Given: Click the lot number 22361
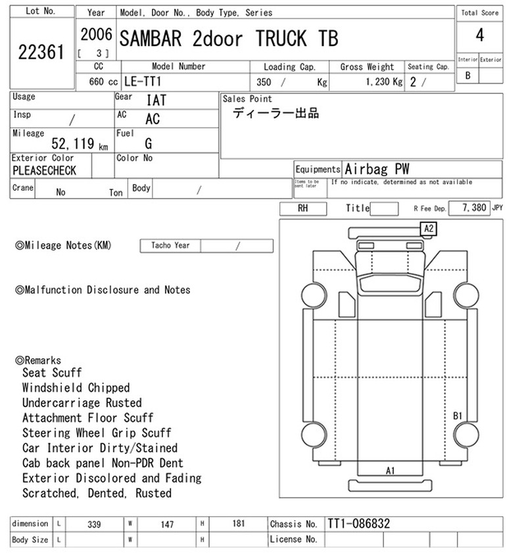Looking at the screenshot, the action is point(41,52).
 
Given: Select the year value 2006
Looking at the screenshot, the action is point(96,35).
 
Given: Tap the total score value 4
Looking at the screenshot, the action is point(480,36).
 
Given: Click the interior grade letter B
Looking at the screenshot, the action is point(467,76).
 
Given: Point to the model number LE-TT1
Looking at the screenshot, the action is point(143,82).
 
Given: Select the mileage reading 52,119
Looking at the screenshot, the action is point(73,143).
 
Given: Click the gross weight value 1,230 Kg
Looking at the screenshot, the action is point(384,82).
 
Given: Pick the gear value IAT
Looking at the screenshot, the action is point(156,100).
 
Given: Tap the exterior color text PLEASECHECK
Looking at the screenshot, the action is point(44,170).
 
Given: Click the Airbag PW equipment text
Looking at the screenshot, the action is point(377,169).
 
